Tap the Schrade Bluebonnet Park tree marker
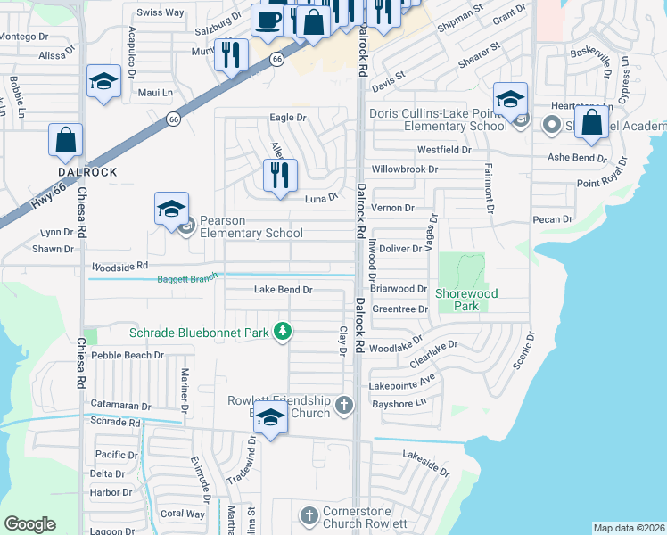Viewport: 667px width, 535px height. click(283, 333)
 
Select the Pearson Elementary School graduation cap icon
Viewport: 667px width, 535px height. click(171, 210)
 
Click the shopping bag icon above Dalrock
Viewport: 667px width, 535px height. click(65, 140)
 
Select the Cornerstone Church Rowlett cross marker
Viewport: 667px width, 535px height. click(309, 516)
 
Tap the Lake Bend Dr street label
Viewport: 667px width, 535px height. click(283, 290)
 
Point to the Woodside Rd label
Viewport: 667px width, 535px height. click(119, 267)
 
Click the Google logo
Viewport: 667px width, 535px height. click(29, 524)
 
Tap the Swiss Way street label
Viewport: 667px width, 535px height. click(160, 12)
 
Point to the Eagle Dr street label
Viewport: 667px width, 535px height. click(288, 118)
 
